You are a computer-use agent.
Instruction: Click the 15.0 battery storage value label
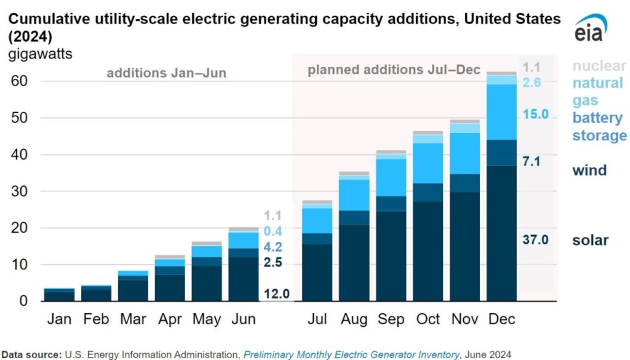point(535,114)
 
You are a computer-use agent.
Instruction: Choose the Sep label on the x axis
point(391,319)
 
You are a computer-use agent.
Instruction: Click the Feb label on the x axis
point(97,319)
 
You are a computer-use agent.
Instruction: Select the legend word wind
point(589,170)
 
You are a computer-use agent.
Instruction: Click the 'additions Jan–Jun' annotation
point(166,73)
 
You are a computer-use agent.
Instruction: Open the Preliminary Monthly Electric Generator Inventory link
point(351,354)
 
